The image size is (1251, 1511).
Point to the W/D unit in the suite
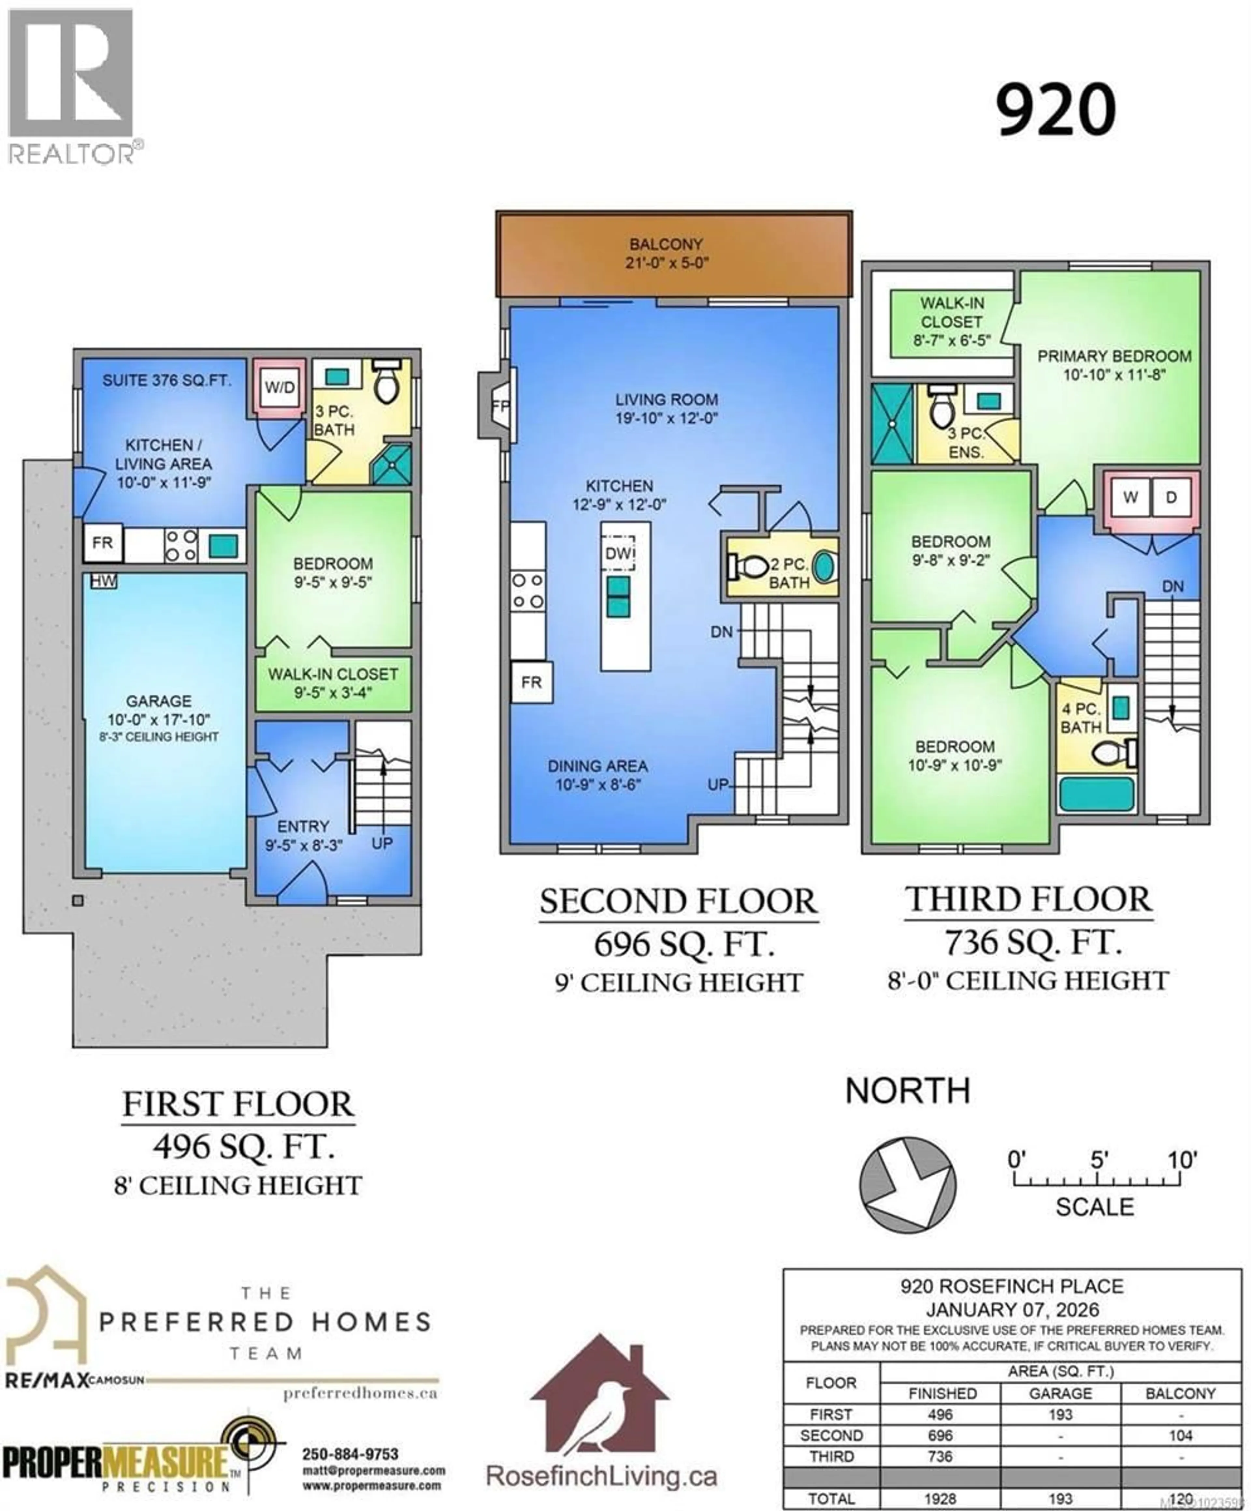pyautogui.click(x=279, y=388)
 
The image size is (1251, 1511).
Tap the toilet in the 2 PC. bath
pyautogui.click(x=748, y=567)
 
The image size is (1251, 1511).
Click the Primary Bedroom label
pyautogui.click(x=1114, y=356)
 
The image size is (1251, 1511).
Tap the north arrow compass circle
pyautogui.click(x=908, y=1184)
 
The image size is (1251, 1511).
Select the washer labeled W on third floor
pyautogui.click(x=1130, y=497)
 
